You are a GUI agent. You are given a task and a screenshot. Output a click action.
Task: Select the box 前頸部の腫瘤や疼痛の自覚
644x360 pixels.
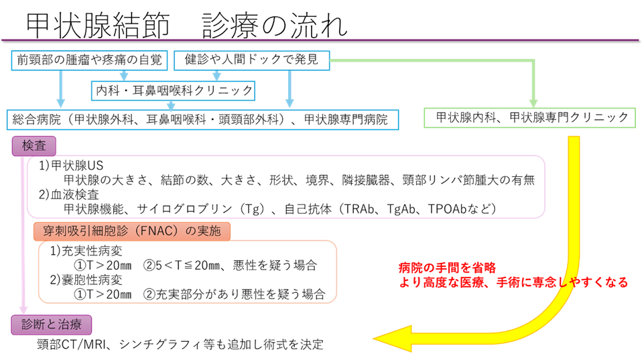tap(89, 60)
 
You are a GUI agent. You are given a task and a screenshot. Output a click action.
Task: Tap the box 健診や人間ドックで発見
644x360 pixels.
tap(252, 60)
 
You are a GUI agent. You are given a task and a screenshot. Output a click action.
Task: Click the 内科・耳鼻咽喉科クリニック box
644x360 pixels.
tap(173, 89)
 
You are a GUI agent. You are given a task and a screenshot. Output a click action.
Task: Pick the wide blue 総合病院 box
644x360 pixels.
tap(202, 119)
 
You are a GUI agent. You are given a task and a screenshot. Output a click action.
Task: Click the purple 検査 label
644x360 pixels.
tap(34, 145)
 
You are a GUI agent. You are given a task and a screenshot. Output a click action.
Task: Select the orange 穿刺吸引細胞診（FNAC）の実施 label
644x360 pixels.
tap(132, 231)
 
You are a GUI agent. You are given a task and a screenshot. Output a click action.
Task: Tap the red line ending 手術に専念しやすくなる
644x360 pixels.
tap(513, 282)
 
